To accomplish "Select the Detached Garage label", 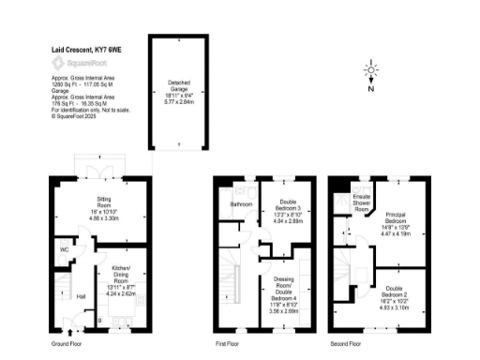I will (x=178, y=85).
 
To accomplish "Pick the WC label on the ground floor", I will (x=64, y=250).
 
